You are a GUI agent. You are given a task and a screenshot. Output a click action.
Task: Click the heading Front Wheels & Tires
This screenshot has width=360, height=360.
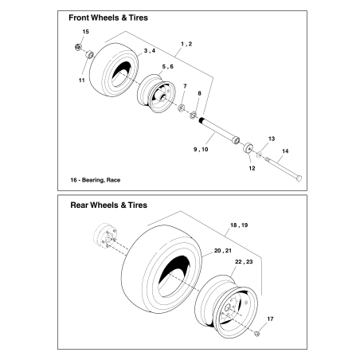[x=108, y=17]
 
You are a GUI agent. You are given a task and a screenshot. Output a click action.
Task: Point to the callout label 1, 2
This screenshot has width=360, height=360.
[x=187, y=41]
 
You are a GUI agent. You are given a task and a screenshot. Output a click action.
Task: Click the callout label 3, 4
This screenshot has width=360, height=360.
[x=149, y=51]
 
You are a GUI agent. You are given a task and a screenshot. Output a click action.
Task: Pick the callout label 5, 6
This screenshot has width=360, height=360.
[x=169, y=67]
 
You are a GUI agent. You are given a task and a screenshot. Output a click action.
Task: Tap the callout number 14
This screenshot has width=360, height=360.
[x=286, y=151]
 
